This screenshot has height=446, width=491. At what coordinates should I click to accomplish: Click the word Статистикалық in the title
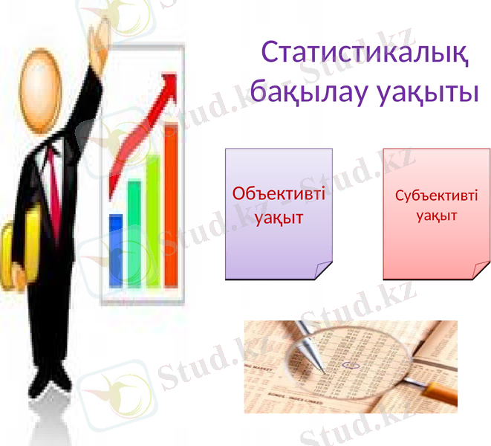coord(365,54)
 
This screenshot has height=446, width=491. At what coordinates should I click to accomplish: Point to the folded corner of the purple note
coord(322,271)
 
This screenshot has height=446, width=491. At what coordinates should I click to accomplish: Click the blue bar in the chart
coord(116,249)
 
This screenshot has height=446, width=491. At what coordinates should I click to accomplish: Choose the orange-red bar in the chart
coord(171,204)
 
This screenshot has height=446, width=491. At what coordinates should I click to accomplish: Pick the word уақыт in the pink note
coord(436,216)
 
